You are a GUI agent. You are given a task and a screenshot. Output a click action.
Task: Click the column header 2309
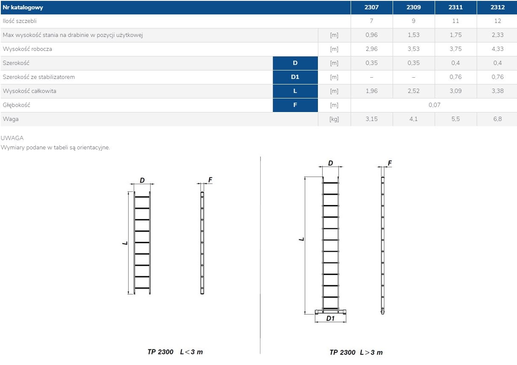click(413, 7)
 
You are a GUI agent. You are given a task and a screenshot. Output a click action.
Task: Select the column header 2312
click(497, 7)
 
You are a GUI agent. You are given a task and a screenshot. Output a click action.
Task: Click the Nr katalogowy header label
click(23, 7)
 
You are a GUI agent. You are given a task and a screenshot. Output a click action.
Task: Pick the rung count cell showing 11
click(455, 21)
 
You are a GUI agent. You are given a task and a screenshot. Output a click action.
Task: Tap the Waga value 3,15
click(371, 119)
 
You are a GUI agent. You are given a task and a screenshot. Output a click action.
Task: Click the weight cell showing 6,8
click(497, 119)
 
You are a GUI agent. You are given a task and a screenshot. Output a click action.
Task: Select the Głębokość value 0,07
click(434, 105)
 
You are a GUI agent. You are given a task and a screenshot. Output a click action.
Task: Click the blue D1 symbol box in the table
click(295, 77)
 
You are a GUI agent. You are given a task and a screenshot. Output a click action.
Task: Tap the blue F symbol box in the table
click(295, 105)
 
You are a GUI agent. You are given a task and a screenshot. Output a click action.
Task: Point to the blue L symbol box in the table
click(295, 91)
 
